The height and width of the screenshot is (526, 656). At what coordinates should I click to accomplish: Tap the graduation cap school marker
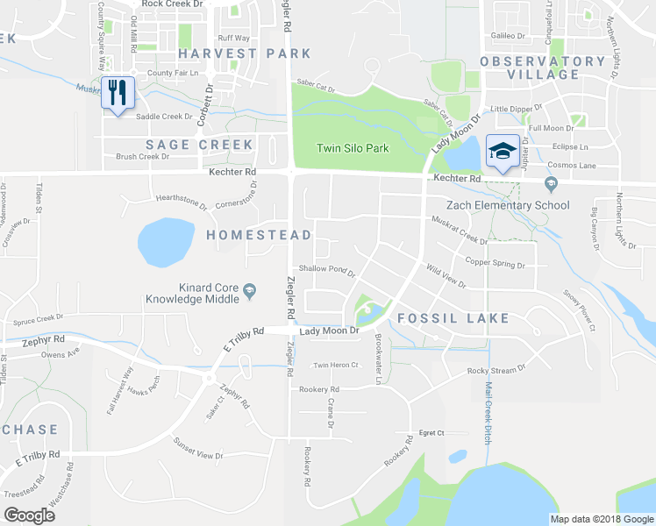tap(503, 152)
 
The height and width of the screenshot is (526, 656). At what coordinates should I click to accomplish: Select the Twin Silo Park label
tap(353, 148)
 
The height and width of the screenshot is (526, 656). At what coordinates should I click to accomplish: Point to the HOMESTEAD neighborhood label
tap(259, 235)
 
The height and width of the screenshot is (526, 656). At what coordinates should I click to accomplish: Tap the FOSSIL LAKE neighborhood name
tap(453, 317)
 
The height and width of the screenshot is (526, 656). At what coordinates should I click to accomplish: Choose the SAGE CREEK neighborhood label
tap(199, 145)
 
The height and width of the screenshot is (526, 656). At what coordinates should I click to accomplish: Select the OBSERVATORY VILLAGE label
tap(542, 68)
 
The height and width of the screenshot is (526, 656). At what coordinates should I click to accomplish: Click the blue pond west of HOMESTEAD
tap(166, 242)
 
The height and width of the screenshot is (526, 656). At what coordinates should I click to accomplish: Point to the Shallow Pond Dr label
tap(326, 270)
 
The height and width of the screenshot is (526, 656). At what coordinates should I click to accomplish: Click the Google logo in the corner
tap(29, 515)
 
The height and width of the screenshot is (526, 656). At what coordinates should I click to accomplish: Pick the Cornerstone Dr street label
tap(236, 197)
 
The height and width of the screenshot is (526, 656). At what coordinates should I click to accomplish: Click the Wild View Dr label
tap(446, 278)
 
